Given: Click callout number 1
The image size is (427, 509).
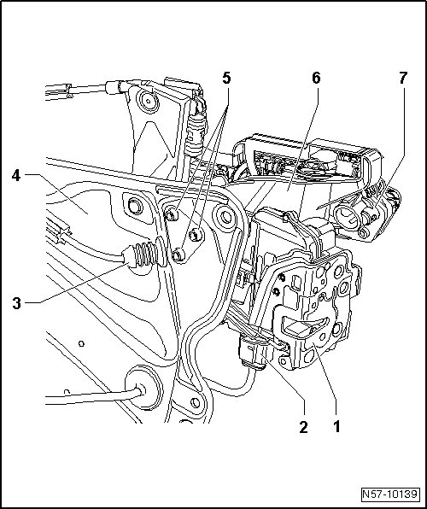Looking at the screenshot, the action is click(x=336, y=426).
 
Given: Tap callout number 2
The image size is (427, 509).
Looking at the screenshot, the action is click(x=304, y=426).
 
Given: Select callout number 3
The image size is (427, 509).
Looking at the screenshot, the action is click(x=16, y=303).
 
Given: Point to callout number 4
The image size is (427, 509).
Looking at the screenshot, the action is click(x=16, y=176).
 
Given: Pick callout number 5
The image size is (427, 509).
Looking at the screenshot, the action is click(x=226, y=79).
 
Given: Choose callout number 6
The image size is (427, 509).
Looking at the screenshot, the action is click(x=316, y=78).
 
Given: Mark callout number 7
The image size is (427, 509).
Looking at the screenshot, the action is click(x=402, y=78).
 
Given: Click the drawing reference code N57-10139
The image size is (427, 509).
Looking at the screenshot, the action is click(x=389, y=494).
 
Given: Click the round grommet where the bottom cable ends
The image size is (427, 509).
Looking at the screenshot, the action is click(x=143, y=388).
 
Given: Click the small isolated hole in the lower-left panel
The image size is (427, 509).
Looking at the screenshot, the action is click(x=81, y=343).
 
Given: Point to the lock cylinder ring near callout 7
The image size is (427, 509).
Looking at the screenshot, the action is click(x=345, y=217).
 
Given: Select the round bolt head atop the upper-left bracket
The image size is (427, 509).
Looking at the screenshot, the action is click(x=149, y=101).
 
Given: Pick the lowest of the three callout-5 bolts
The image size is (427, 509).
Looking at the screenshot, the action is click(x=178, y=255).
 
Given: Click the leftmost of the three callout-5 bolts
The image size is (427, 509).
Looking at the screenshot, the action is click(x=172, y=214).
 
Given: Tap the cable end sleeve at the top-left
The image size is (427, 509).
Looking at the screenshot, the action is click(x=114, y=87).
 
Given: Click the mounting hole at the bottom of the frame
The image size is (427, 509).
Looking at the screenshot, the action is click(x=196, y=403).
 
